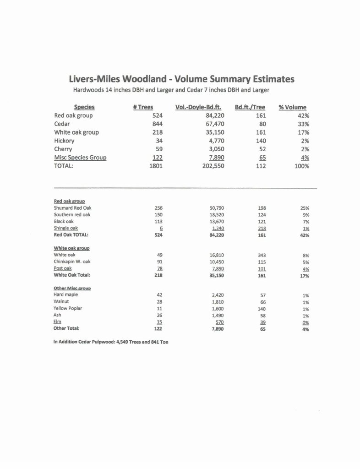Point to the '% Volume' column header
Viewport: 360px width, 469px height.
[292, 107]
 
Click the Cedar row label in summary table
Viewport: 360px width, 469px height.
[62, 124]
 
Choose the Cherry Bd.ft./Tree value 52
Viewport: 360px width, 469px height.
[262, 149]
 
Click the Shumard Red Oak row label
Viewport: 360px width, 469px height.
[73, 207]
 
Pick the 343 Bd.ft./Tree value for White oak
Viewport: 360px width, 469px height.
[262, 255]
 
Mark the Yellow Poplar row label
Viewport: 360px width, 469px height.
[68, 308]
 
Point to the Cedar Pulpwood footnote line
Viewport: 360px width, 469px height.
[111, 342]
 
